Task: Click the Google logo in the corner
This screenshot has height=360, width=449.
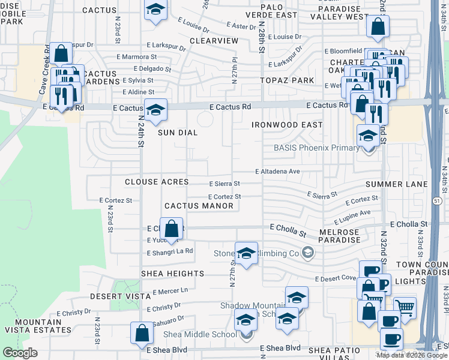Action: [20, 353]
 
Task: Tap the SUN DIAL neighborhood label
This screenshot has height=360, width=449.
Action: [178, 133]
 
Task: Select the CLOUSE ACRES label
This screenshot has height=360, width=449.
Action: [157, 182]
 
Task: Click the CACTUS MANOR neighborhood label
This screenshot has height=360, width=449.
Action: [199, 206]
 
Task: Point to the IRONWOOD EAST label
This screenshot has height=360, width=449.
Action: [287, 125]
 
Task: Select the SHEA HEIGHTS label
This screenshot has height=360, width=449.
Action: [172, 274]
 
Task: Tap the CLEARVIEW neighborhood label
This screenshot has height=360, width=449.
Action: [214, 41]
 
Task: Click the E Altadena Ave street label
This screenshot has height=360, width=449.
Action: [277, 172]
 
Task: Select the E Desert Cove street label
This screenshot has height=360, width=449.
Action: [336, 278]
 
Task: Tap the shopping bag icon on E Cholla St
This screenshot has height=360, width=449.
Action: [172, 229]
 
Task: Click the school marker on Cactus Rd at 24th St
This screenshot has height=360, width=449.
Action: [155, 110]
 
